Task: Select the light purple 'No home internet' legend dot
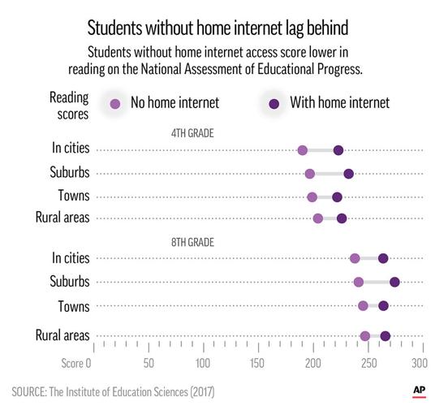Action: [116, 104]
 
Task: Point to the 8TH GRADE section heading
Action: [192, 242]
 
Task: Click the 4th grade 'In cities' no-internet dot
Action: [303, 150]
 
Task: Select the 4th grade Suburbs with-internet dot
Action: [348, 174]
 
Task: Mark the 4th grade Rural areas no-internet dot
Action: [318, 218]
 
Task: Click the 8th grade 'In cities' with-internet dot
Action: [383, 258]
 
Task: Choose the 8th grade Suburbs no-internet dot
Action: [359, 282]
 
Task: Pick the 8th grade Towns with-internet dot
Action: [383, 306]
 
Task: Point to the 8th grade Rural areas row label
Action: [62, 335]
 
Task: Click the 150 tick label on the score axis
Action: [256, 361]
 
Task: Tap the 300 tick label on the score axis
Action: [419, 361]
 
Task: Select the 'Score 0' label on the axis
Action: [77, 361]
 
